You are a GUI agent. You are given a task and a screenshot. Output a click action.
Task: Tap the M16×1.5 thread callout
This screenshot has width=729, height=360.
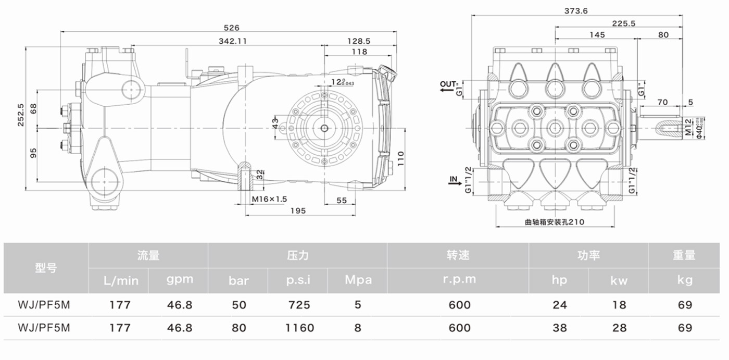269,199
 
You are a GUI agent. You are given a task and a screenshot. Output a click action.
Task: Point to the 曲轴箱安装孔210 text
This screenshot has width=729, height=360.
555,222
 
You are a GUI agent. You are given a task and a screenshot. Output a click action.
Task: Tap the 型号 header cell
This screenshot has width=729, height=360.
46,268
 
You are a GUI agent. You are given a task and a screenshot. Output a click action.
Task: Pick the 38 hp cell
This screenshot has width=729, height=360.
559,328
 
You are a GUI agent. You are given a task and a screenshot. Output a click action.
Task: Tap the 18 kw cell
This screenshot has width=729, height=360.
619,305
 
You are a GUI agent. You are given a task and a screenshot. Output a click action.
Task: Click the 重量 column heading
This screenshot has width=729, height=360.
684,255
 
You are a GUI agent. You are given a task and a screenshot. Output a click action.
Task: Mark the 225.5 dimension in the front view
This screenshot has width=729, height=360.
623,23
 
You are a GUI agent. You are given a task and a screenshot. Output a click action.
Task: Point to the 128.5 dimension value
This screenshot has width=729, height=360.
359,41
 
